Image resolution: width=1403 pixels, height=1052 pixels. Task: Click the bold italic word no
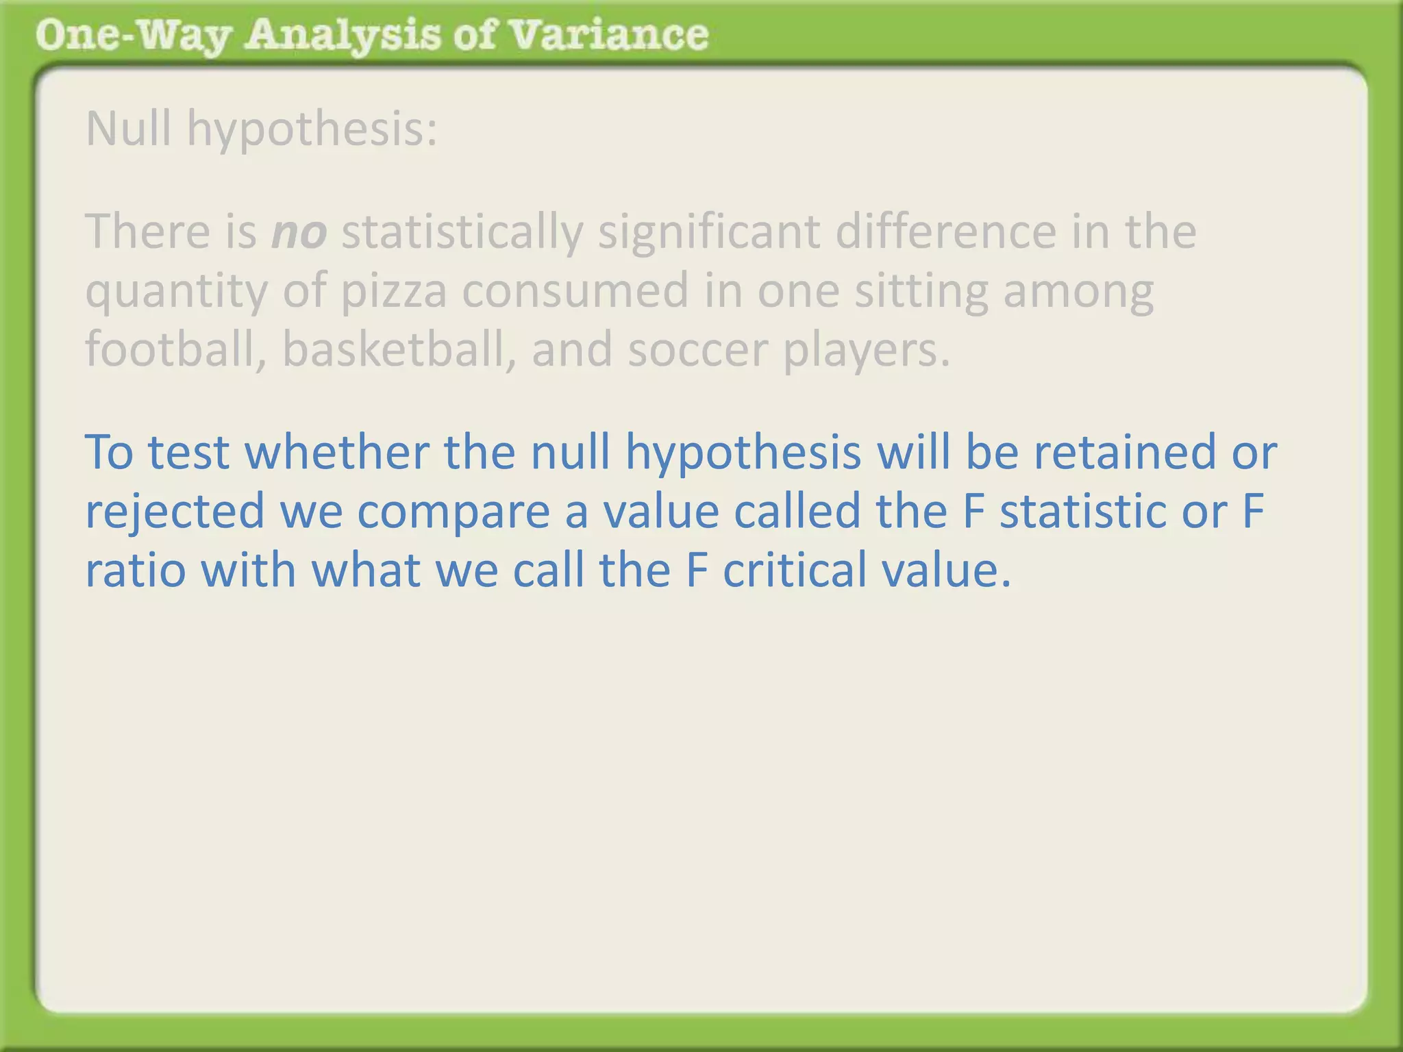[x=299, y=233]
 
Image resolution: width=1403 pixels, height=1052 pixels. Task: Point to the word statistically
[x=462, y=233]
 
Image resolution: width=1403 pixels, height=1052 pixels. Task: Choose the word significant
[x=709, y=231]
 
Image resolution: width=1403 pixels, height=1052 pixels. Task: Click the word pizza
[x=394, y=291]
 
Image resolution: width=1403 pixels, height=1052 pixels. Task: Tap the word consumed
[x=575, y=290]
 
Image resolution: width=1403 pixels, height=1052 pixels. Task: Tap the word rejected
[x=175, y=512]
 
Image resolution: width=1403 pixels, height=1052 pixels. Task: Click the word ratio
[x=135, y=571]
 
